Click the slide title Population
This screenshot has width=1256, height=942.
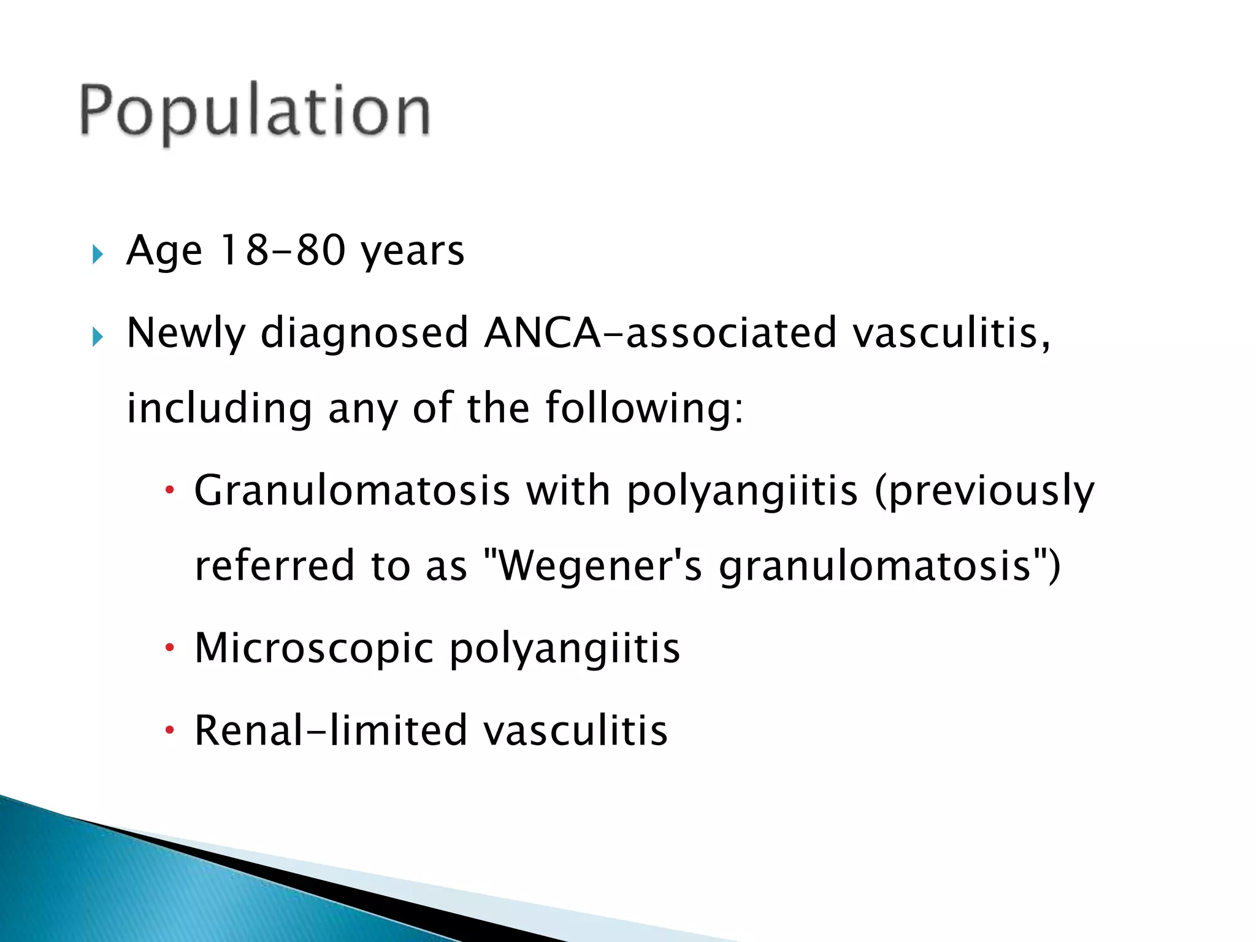[x=255, y=112]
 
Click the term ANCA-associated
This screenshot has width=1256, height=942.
[x=661, y=332]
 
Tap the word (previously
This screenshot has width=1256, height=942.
[x=984, y=492]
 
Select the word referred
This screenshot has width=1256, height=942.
[x=274, y=565]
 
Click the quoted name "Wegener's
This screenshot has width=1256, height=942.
[x=593, y=567]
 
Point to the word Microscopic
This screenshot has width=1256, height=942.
[x=314, y=648]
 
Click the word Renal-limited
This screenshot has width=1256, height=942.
[x=331, y=730]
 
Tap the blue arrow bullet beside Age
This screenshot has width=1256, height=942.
[x=98, y=254]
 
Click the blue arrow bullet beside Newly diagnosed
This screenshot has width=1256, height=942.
[x=98, y=337]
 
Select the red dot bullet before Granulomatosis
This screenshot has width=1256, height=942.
[x=170, y=491]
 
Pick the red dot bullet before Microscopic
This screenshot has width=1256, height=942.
[x=170, y=648]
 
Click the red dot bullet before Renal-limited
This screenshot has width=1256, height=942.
[x=170, y=730]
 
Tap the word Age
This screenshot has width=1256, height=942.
[x=164, y=251]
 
